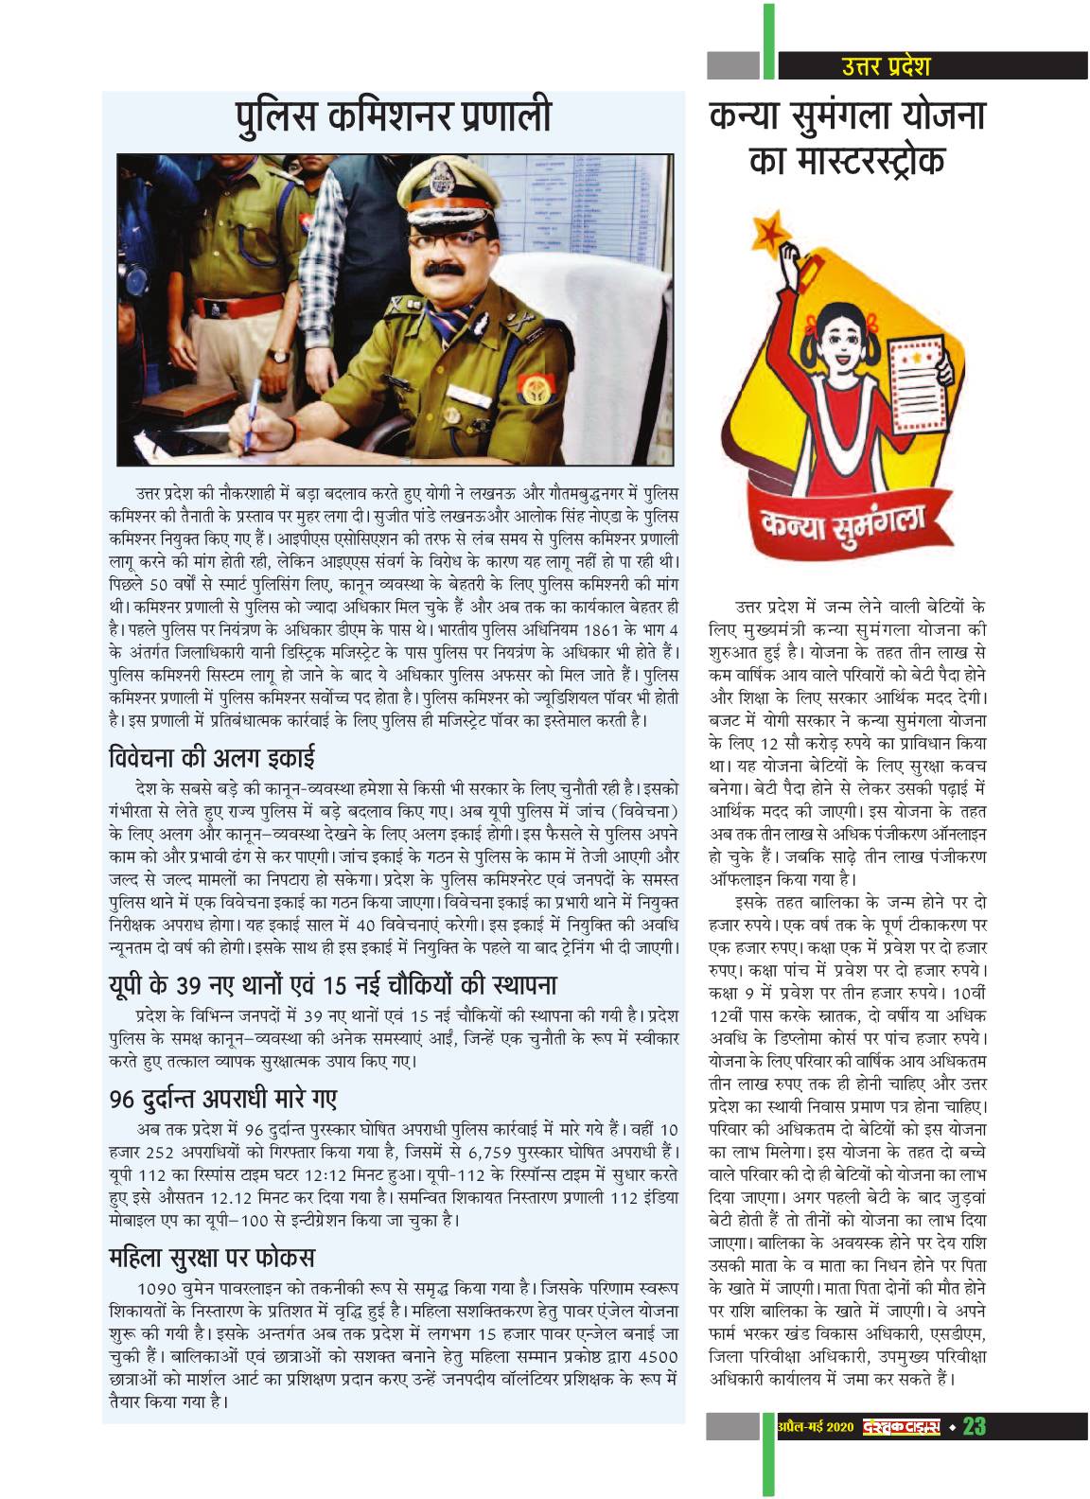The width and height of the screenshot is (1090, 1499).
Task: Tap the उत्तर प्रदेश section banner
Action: [x=885, y=65]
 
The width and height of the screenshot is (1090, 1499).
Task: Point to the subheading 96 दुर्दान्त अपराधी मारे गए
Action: [x=223, y=1100]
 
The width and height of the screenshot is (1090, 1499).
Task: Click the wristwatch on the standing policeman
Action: [x=278, y=357]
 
